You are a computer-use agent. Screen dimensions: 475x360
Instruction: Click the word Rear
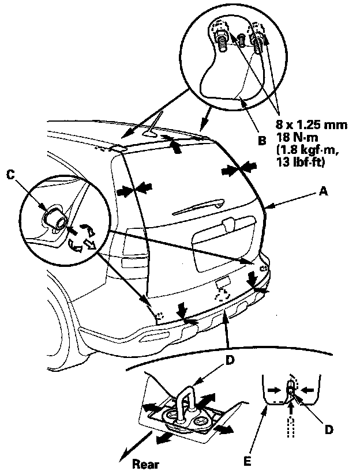pos(144,463)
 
